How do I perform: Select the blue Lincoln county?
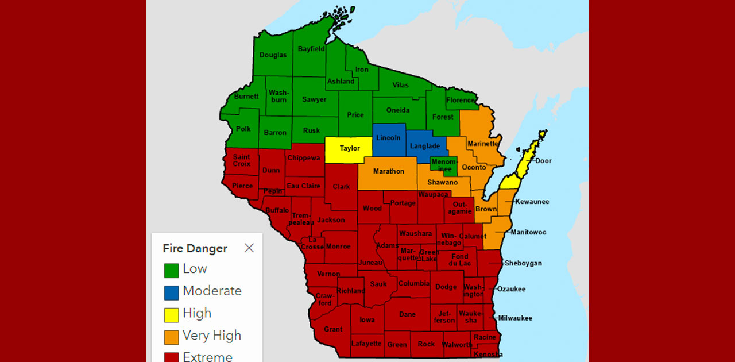[x=388, y=138]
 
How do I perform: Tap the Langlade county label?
[x=425, y=147]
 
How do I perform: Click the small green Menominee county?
[x=443, y=165]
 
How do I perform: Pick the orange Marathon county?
[x=388, y=171]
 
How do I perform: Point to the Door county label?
[x=543, y=161]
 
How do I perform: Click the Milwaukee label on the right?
[x=515, y=318]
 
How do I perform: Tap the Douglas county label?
[x=273, y=55]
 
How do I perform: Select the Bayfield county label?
[x=311, y=49]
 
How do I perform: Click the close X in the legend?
[x=249, y=248]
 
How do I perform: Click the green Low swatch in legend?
[x=171, y=270]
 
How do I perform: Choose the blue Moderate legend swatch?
[x=171, y=292]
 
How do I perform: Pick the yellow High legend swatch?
[x=171, y=315]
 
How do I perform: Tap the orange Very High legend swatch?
[x=171, y=337]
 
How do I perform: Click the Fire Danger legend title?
[x=195, y=248]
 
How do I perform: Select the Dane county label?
[x=407, y=314]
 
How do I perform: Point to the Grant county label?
[x=333, y=329]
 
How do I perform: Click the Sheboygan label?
[x=523, y=263]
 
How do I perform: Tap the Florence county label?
[x=461, y=100]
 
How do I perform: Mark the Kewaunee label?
[x=532, y=202]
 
